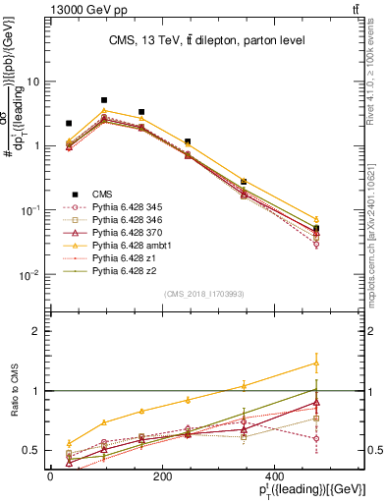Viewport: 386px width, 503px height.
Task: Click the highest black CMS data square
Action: click(x=104, y=100)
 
